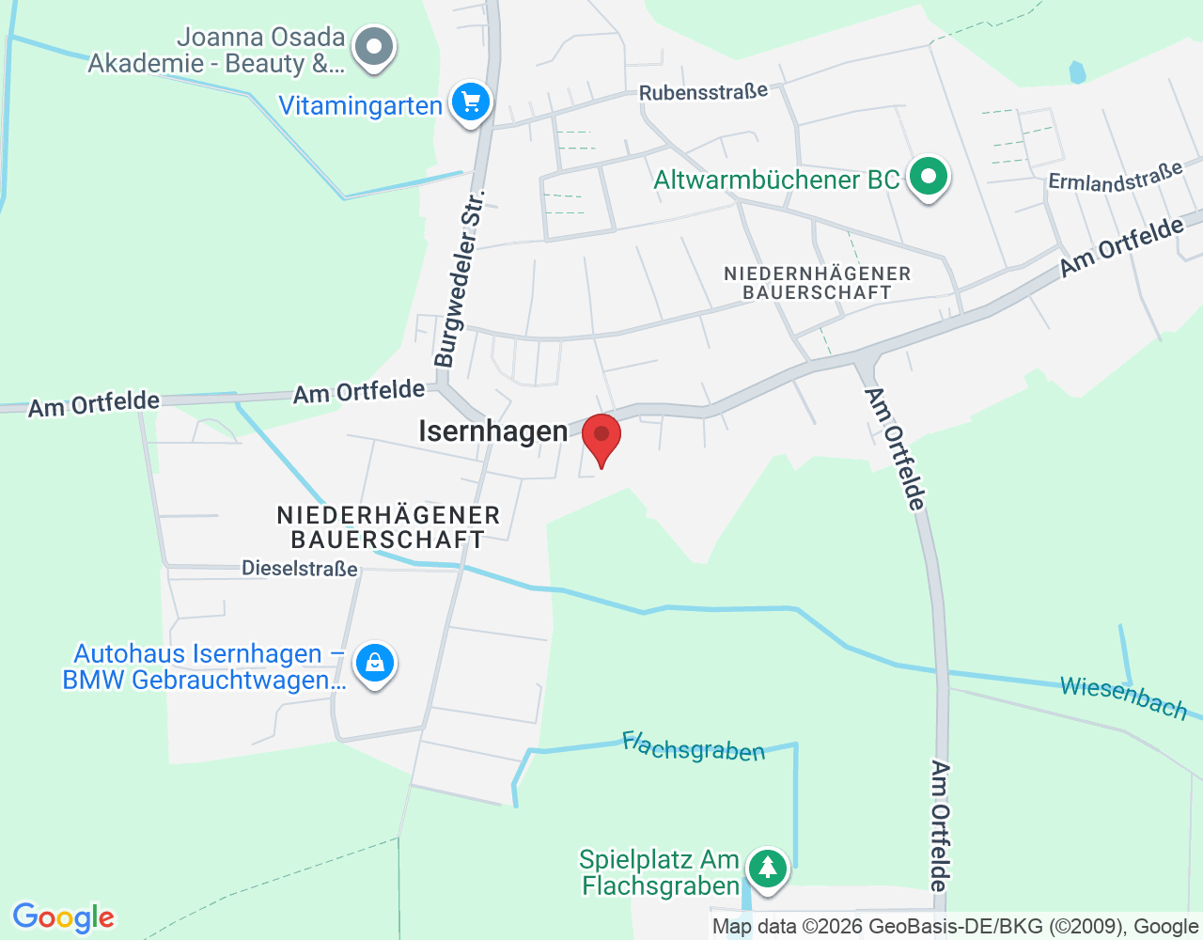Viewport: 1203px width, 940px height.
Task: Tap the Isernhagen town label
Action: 492,431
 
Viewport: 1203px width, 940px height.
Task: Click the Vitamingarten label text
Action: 360,105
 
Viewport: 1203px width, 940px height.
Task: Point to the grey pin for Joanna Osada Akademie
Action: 375,46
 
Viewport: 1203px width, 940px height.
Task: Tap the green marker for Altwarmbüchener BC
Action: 929,176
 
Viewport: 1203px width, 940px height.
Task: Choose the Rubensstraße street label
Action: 703,92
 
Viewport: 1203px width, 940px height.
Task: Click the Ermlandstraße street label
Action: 1116,177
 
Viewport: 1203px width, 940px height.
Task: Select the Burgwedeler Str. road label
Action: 459,278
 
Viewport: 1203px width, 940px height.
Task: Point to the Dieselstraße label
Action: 300,569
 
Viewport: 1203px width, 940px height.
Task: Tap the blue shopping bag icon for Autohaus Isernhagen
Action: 375,663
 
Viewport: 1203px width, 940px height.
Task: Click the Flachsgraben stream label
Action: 694,747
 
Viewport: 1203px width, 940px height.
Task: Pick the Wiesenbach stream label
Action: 1123,697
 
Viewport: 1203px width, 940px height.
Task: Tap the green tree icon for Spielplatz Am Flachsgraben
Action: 768,868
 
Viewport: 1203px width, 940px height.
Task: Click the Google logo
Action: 63,917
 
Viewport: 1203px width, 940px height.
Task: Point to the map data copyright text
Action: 955,927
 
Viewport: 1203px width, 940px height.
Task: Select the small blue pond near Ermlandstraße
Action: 1077,72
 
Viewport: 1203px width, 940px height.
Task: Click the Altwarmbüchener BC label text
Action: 776,180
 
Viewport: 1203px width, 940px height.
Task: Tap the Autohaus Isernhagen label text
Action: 204,666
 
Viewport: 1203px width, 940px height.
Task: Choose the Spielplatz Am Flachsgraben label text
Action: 660,872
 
